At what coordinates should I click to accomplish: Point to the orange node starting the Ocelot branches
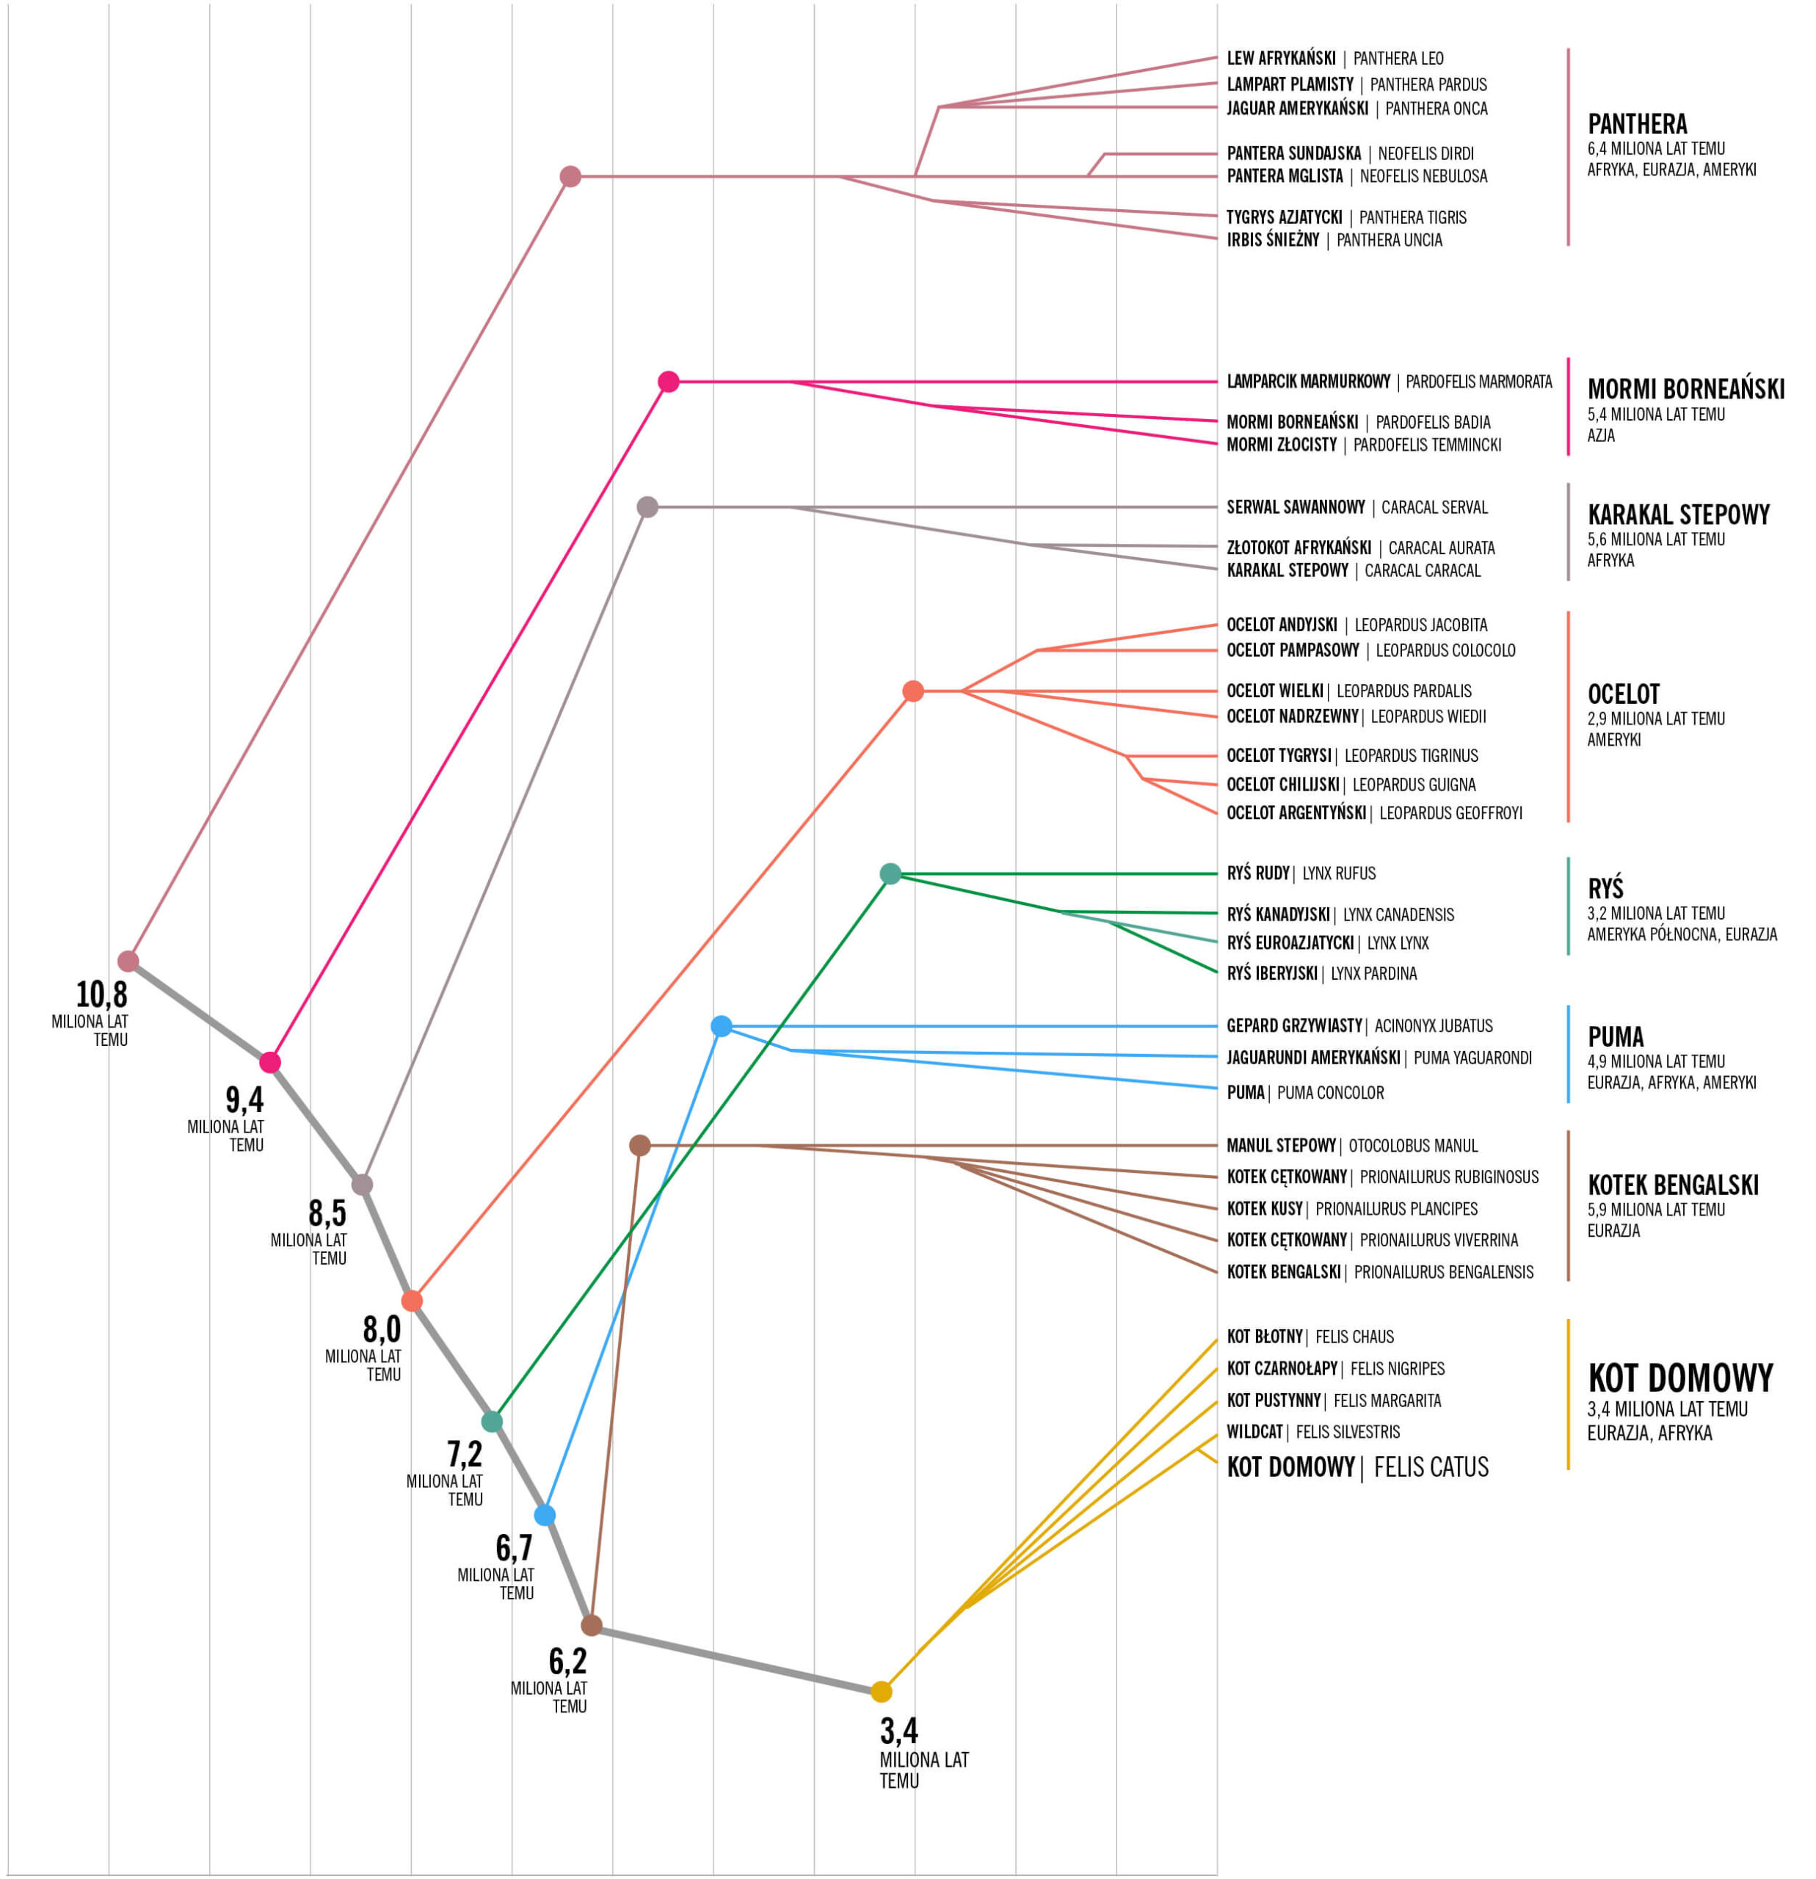pos(913,691)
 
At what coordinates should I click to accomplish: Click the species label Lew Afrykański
pos(1281,59)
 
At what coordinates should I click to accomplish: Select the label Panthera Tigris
pos(1412,217)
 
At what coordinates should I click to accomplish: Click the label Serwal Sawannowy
pos(1296,507)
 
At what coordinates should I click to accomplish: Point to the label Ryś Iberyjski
pos(1271,973)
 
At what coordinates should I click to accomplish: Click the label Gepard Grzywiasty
pos(1293,1026)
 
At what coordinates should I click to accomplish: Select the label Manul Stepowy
pos(1281,1146)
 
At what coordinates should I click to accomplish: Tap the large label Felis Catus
pos(1431,1467)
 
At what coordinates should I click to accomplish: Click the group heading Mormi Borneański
pos(1685,389)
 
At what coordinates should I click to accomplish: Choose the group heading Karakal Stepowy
pos(1678,515)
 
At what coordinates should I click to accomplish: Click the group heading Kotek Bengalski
pos(1672,1185)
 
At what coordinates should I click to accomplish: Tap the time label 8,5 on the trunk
pos(327,1214)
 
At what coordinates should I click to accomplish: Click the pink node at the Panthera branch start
pos(570,176)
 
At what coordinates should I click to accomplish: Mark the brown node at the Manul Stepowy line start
pos(639,1146)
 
